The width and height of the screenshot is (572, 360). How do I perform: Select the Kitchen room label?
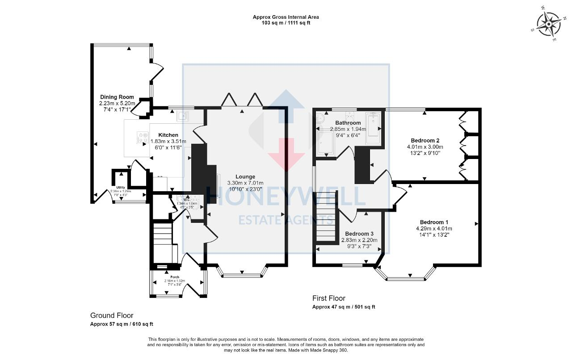168,135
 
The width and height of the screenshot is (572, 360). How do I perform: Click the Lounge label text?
245,177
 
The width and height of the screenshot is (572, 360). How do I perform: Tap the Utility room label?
121,188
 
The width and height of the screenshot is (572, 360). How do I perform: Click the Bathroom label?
348,123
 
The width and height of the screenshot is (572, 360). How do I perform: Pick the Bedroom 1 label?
434,222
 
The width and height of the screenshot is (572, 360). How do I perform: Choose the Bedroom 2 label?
425,140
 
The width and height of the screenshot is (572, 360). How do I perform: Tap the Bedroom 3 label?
359,234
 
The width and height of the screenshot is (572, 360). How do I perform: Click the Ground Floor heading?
112,315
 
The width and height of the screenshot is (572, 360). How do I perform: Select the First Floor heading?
328,298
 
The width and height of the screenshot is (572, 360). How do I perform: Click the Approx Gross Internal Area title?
286,17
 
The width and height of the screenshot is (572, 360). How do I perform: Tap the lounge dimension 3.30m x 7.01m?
245,183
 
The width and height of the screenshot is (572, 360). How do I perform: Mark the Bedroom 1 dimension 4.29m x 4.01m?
434,229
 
